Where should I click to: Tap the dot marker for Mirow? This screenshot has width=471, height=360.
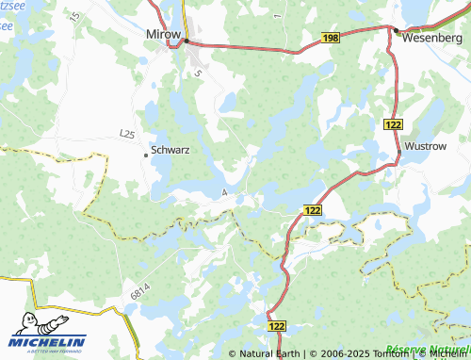[x=187, y=41]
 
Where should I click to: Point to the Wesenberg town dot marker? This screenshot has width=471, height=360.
[x=397, y=32]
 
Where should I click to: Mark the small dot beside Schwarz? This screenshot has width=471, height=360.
[x=145, y=154]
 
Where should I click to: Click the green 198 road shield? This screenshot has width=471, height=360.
[x=330, y=37]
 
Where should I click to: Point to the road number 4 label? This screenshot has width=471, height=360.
[x=224, y=192]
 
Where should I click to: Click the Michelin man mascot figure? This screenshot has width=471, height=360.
[x=23, y=323]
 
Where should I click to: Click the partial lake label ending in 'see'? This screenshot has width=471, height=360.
[x=8, y=26]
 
